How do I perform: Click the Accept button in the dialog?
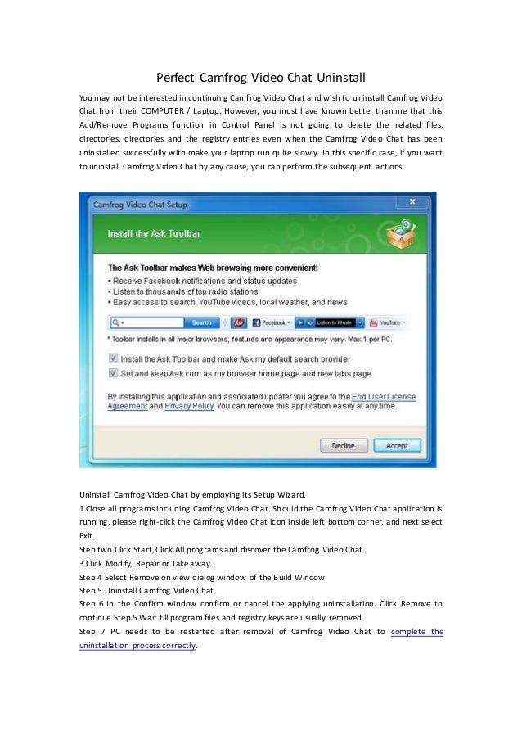click(397, 446)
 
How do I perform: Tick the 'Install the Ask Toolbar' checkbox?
click(113, 358)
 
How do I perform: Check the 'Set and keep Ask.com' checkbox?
click(113, 373)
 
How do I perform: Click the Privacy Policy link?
click(188, 405)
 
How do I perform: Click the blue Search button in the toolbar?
click(201, 322)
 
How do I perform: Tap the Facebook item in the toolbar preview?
click(272, 322)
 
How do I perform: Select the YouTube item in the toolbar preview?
click(388, 322)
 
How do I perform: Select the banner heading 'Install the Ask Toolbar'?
click(155, 233)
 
